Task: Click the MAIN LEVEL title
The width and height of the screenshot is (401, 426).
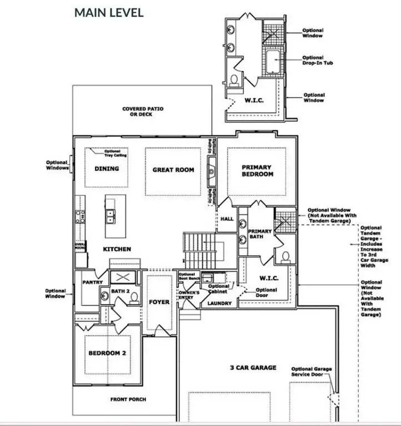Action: pos(109,12)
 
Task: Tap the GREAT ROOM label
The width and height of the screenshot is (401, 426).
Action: pos(173,170)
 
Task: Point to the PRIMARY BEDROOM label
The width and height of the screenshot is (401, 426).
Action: pos(257,170)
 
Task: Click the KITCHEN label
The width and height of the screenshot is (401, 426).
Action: pos(117,250)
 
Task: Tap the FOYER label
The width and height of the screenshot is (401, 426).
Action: pos(159,302)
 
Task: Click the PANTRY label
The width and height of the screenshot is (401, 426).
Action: pos(92,282)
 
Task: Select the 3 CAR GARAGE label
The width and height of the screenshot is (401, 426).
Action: pos(253,367)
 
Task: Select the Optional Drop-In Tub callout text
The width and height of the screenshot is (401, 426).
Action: pos(313,59)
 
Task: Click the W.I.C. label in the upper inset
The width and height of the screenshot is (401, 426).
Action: pos(254,101)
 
